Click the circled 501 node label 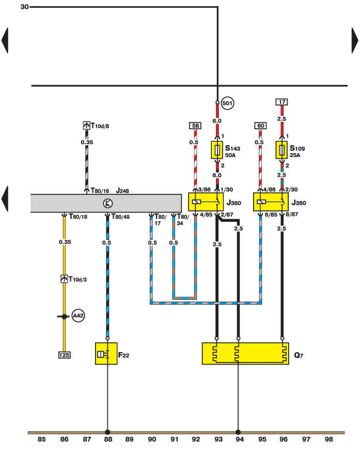[227, 103]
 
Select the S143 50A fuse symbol [217, 150]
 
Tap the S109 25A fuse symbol [281, 150]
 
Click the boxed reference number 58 [195, 126]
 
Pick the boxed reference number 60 [260, 126]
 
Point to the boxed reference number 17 [282, 102]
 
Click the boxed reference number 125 [64, 355]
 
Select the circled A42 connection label [78, 315]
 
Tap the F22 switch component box [106, 353]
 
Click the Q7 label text [299, 355]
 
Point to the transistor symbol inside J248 [108, 203]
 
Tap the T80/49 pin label [120, 217]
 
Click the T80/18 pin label [78, 217]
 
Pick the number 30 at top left [25, 7]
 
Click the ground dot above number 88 [107, 432]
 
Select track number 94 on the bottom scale [240, 439]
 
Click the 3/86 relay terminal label [205, 190]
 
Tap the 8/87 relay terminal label [292, 215]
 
